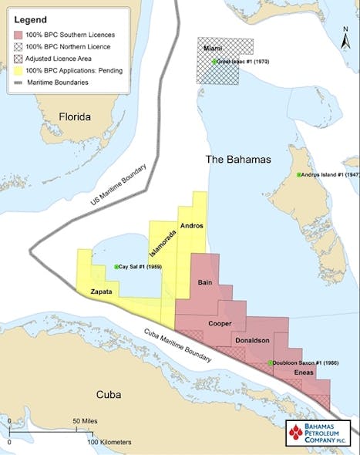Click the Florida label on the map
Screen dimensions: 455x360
coord(69,117)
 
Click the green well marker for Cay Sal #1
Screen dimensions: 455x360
coord(116,267)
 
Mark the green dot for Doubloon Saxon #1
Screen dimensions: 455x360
coord(270,363)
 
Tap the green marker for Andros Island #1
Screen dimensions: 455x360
coord(299,176)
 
